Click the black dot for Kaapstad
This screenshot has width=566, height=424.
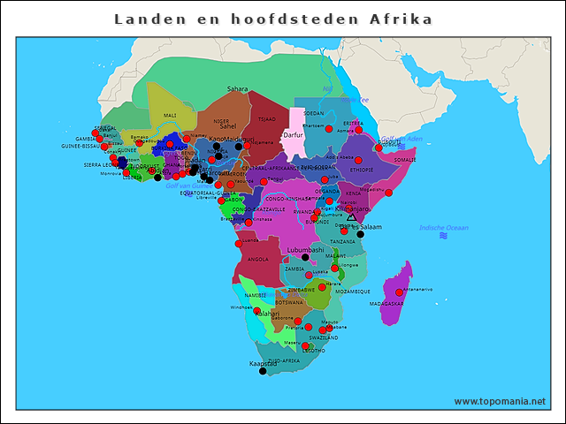[263, 371]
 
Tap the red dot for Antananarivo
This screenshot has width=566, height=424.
[400, 292]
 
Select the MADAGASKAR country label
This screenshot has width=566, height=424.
[386, 303]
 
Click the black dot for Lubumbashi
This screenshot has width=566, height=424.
[305, 258]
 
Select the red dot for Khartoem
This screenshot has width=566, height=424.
[329, 129]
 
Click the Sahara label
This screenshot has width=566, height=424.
[237, 89]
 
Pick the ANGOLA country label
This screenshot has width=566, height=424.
[257, 260]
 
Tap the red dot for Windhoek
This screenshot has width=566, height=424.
[257, 311]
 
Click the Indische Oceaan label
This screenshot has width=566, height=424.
[443, 228]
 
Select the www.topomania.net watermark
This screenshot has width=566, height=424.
[500, 401]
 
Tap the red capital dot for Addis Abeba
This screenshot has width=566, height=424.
[358, 160]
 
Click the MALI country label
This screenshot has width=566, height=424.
[170, 115]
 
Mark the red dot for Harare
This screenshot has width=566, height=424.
[322, 287]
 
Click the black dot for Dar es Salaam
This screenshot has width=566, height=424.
[360, 235]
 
